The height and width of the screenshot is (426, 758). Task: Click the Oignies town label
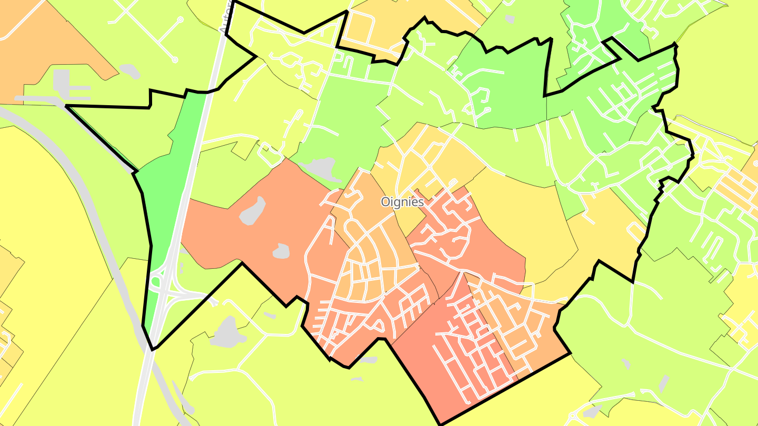(x=402, y=202)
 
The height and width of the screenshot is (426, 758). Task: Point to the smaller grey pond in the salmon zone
(x=281, y=251)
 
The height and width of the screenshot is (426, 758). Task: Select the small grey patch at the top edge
(x=509, y=19)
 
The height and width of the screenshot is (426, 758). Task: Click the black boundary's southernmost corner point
(x=440, y=424)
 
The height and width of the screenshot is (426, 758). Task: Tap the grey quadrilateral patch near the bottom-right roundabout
(x=664, y=384)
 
